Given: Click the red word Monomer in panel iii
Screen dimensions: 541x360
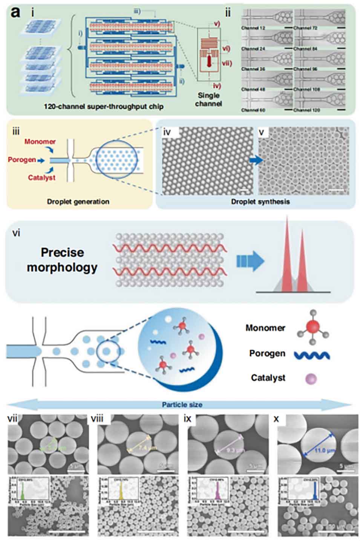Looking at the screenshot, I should (40, 142).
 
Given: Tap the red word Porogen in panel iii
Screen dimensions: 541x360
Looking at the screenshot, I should (22, 160).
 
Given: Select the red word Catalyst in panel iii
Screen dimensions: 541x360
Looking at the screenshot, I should (41, 177).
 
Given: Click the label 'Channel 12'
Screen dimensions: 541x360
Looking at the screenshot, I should (253, 28).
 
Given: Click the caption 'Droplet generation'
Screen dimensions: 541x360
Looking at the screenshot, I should (78, 202).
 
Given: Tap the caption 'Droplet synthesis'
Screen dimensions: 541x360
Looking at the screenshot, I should (260, 202).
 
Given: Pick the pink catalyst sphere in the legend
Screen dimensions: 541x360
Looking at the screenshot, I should (311, 378).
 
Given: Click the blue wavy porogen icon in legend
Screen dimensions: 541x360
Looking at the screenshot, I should (311, 355).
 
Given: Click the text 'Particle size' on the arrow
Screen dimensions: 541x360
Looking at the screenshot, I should (182, 405).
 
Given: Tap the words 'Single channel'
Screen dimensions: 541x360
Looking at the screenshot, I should (208, 99).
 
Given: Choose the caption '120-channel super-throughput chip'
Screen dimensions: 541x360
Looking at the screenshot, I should (103, 107).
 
